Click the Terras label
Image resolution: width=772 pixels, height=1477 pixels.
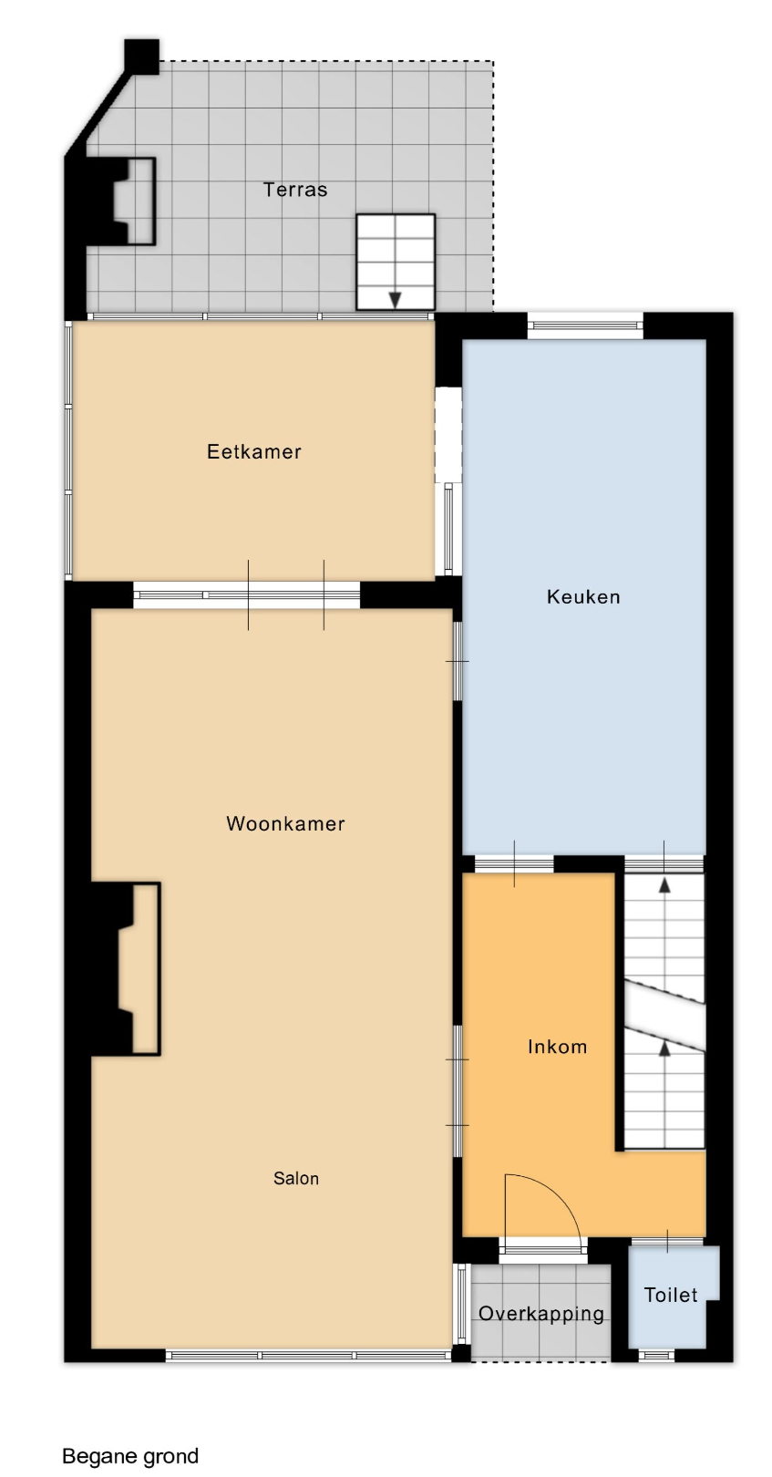pyautogui.click(x=295, y=190)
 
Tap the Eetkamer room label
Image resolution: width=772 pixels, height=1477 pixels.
pyautogui.click(x=254, y=451)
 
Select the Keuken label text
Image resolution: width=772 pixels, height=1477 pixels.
pyautogui.click(x=583, y=597)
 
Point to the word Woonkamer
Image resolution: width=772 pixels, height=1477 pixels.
pyautogui.click(x=285, y=823)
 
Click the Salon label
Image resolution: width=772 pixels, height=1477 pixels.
pyautogui.click(x=296, y=1178)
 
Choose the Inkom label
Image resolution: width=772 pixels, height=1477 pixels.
pyautogui.click(x=557, y=1047)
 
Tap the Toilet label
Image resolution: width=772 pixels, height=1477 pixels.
pyautogui.click(x=671, y=1295)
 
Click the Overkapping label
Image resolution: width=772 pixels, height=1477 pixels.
pyautogui.click(x=541, y=1314)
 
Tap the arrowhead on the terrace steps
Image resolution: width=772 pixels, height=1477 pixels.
pyautogui.click(x=395, y=300)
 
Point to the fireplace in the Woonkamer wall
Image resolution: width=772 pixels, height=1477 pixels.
pyautogui.click(x=125, y=968)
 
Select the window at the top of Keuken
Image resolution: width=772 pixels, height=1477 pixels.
pyautogui.click(x=585, y=325)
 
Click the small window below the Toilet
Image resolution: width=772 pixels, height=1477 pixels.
pyautogui.click(x=656, y=1356)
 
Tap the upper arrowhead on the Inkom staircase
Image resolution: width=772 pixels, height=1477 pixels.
pyautogui.click(x=664, y=885)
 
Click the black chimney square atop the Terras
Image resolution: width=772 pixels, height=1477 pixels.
pyautogui.click(x=142, y=56)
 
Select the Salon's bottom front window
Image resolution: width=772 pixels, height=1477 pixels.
pyautogui.click(x=308, y=1356)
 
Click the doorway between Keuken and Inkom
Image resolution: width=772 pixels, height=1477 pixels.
pyautogui.click(x=514, y=863)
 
